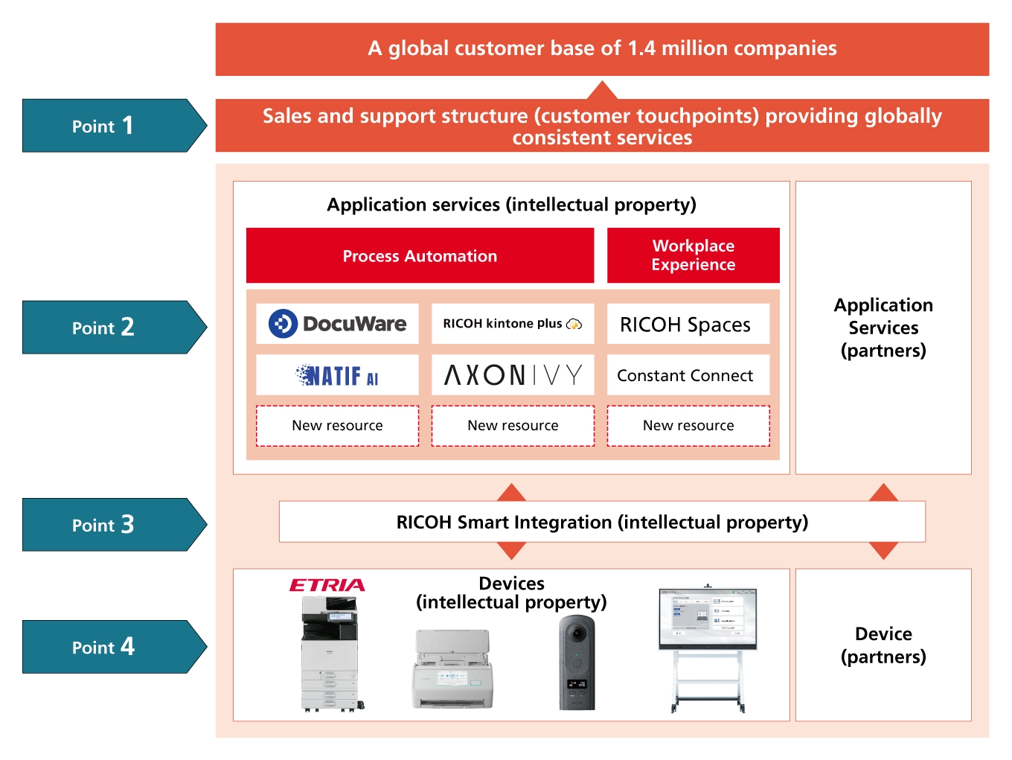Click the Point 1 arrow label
(104, 126)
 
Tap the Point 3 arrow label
(104, 525)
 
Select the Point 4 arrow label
(104, 647)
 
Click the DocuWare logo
(337, 324)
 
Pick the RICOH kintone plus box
(513, 324)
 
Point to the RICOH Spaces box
(688, 325)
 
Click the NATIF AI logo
(337, 375)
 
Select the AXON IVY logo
(513, 375)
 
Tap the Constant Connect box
(688, 375)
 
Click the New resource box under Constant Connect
(688, 426)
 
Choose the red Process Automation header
(420, 256)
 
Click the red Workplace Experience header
(693, 255)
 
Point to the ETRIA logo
(327, 585)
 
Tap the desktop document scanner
(452, 670)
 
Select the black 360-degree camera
(577, 662)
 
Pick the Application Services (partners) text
(883, 328)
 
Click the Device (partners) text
(883, 645)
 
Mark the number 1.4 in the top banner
(641, 48)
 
